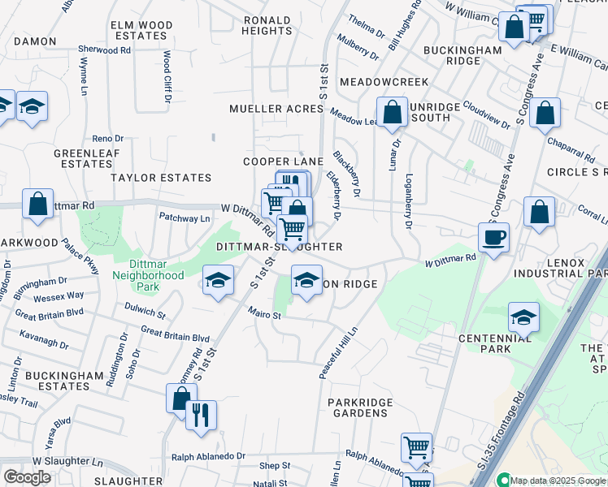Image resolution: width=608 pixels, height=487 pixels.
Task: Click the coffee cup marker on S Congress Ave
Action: click(x=493, y=238)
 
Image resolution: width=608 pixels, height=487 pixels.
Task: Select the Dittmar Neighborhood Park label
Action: click(x=157, y=275)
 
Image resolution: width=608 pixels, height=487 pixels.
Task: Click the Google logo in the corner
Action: click(x=28, y=477)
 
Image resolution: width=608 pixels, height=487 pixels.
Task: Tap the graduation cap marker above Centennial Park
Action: click(x=523, y=318)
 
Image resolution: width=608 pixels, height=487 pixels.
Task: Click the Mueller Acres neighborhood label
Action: click(x=276, y=109)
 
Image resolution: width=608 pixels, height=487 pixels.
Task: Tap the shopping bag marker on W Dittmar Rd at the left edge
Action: click(x=37, y=205)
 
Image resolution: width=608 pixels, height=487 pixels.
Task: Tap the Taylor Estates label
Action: click(x=161, y=177)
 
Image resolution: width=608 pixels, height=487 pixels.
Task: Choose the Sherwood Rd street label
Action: click(x=104, y=50)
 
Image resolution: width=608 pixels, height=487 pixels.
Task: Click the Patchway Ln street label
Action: click(x=185, y=218)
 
